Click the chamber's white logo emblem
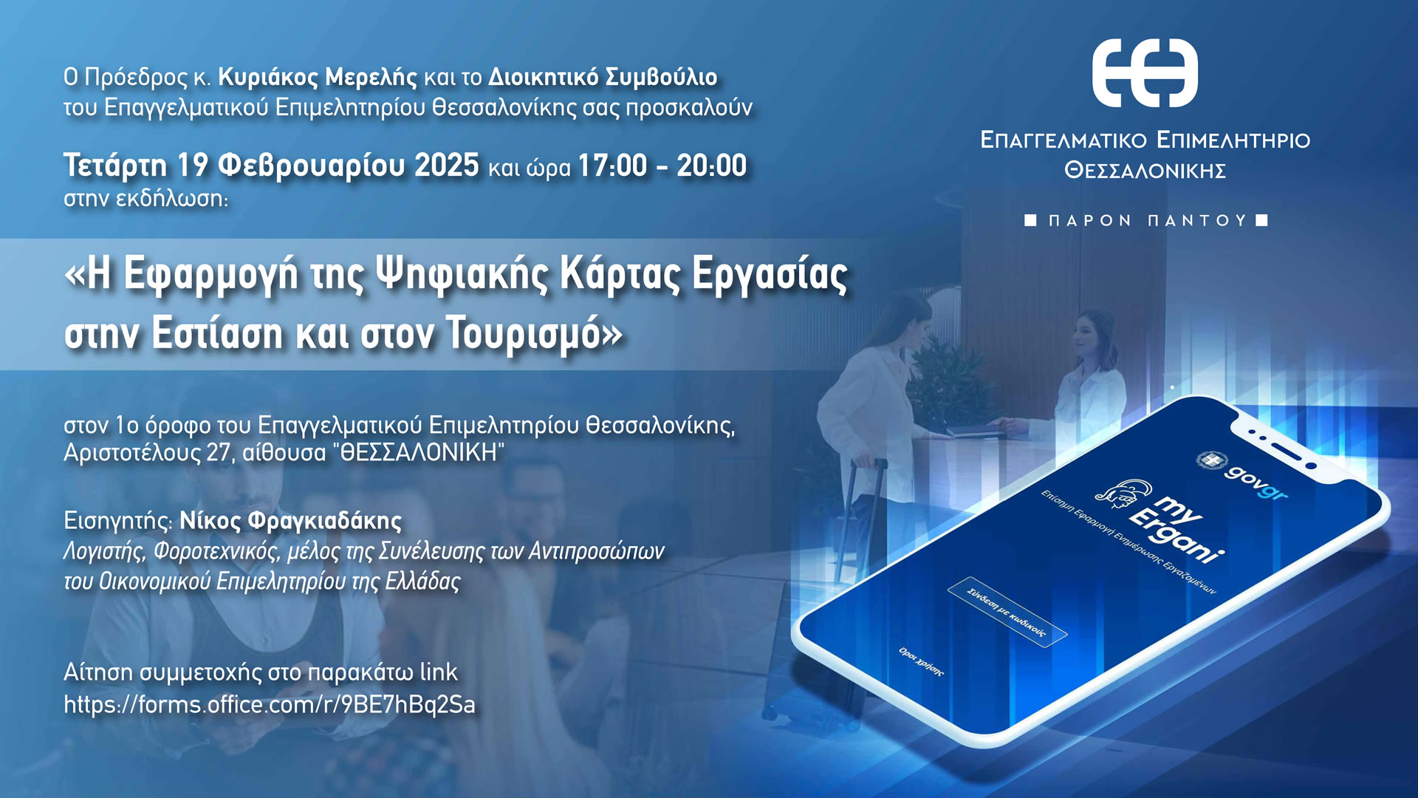click(x=1145, y=73)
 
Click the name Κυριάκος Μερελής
click(x=318, y=77)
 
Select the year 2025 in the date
click(x=447, y=166)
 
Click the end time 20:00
click(x=712, y=166)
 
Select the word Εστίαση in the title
click(x=217, y=334)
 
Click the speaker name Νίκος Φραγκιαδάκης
click(x=291, y=521)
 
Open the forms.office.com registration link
click(x=270, y=704)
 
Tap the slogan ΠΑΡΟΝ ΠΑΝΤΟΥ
click(x=1148, y=220)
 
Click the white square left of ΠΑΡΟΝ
click(x=1031, y=220)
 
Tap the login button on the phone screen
click(x=1007, y=612)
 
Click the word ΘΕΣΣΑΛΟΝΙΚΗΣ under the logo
click(x=1145, y=171)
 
